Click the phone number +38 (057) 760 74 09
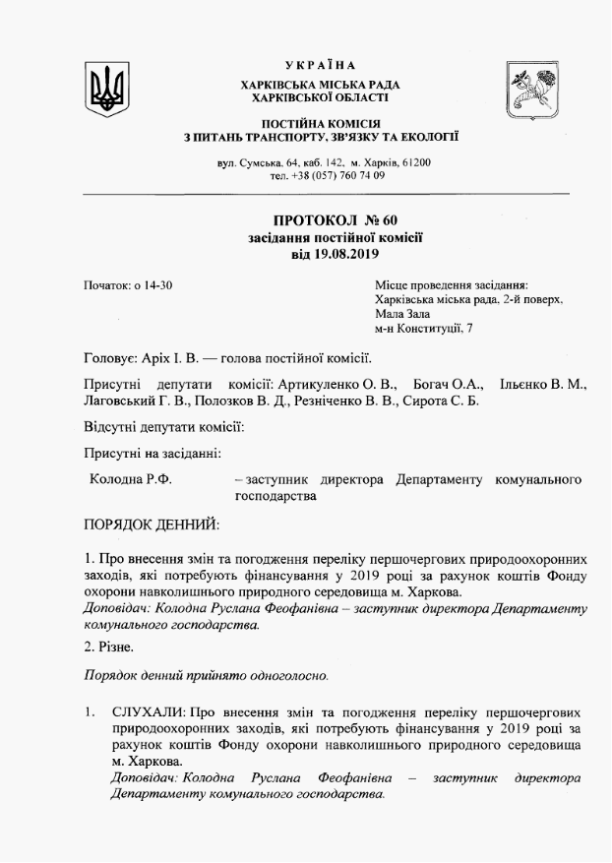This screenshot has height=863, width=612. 339,175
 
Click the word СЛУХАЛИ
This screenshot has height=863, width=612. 147,710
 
